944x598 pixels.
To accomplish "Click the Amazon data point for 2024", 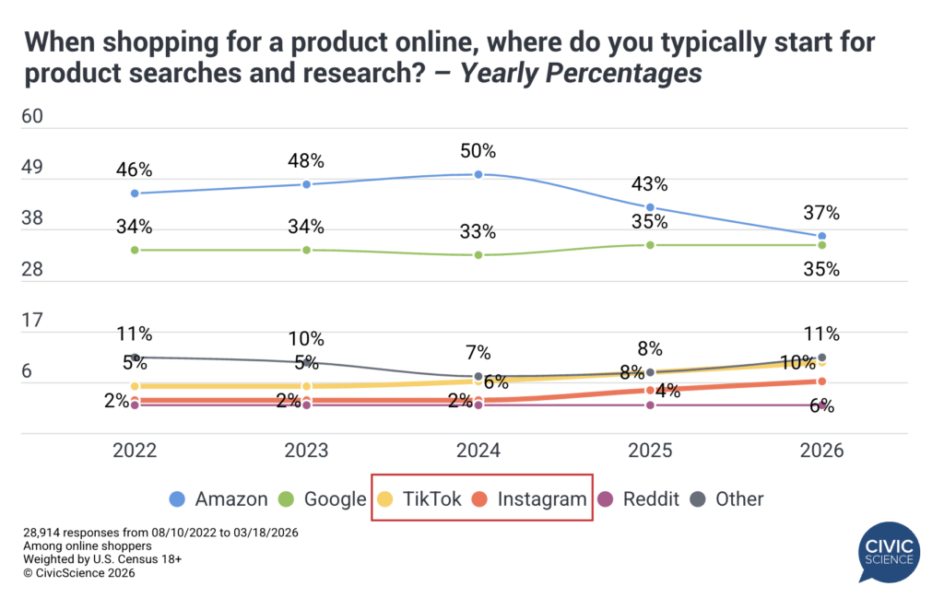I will click(x=478, y=174).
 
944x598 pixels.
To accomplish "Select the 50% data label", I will click(x=478, y=150).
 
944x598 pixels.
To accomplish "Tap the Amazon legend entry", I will click(x=218, y=498).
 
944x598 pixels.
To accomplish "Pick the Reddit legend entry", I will click(x=638, y=498).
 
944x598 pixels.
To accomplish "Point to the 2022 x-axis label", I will click(x=135, y=451).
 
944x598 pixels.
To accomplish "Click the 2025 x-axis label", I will click(x=650, y=451).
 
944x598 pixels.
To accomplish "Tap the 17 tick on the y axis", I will click(x=34, y=321).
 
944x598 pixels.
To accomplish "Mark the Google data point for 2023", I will click(x=306, y=250).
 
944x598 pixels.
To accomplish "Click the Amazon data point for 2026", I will click(x=821, y=236).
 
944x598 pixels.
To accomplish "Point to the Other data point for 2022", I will click(x=135, y=358).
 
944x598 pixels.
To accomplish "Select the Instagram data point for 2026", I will click(x=821, y=381).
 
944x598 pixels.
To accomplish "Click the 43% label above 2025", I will click(x=650, y=183).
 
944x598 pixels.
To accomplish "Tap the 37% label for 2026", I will click(x=821, y=213).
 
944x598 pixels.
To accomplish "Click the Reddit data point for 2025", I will click(x=650, y=405).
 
